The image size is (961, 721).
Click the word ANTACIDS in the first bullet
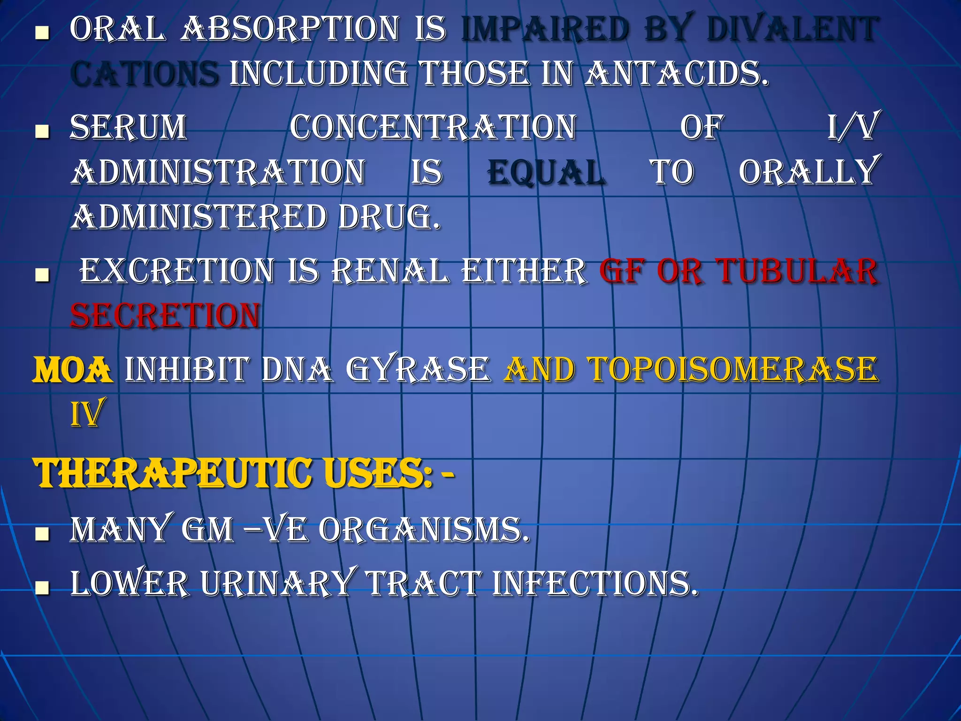click(x=676, y=74)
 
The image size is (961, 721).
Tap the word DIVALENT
click(x=792, y=29)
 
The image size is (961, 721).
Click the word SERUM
click(x=129, y=128)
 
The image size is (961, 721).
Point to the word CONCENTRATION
click(x=433, y=128)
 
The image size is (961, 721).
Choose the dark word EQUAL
click(x=546, y=172)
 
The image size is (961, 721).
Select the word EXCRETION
click(x=177, y=271)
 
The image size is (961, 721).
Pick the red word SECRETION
click(x=165, y=315)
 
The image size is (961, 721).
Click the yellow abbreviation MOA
click(x=73, y=370)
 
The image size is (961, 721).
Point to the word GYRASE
click(x=418, y=370)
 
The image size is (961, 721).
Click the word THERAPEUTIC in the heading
click(x=174, y=473)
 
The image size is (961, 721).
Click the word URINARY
click(x=277, y=584)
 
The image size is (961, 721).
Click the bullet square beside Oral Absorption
click(x=43, y=33)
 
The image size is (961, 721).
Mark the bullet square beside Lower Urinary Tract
click(x=43, y=587)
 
